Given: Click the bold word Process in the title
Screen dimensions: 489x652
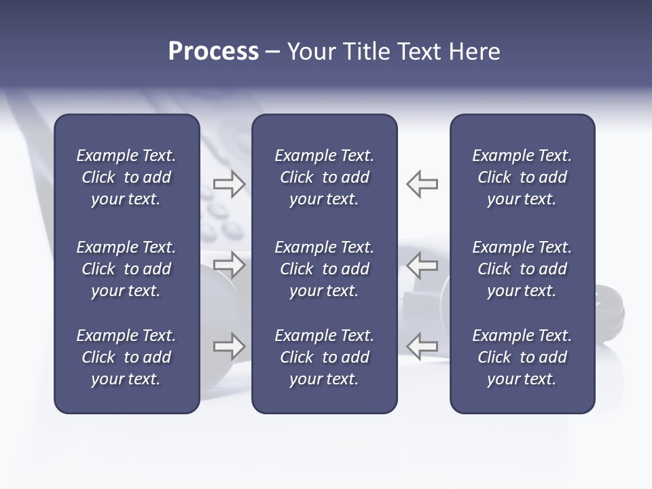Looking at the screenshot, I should pos(213,52).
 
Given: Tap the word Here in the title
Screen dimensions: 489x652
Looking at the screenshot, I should pos(474,52).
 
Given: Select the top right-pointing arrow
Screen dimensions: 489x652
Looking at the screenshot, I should pos(229,184).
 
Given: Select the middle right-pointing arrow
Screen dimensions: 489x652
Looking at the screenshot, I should pos(229,266).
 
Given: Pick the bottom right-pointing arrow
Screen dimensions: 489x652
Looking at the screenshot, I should pos(229,346).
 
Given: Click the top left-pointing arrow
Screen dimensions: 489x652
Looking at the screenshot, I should pos(422,184).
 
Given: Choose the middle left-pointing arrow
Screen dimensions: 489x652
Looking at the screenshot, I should pos(422,266).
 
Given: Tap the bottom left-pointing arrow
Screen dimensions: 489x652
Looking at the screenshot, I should pos(422,346).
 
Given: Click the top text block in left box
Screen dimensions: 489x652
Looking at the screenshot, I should pos(126,177).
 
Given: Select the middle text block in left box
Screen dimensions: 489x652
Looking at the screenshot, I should pos(126,269).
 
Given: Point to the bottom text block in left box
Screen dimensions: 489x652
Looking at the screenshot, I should pos(126,357).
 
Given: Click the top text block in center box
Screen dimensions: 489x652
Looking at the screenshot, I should pos(324,177).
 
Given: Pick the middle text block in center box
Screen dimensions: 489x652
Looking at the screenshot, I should pos(324,269).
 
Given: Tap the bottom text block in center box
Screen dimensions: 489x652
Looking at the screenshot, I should pos(324,357).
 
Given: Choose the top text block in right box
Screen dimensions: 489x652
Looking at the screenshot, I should pos(522,177).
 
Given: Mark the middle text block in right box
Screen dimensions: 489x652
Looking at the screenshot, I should pos(522,269).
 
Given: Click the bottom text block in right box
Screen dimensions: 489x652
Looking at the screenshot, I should pos(522,357).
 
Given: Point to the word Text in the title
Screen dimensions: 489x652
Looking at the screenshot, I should pos(420,52).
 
